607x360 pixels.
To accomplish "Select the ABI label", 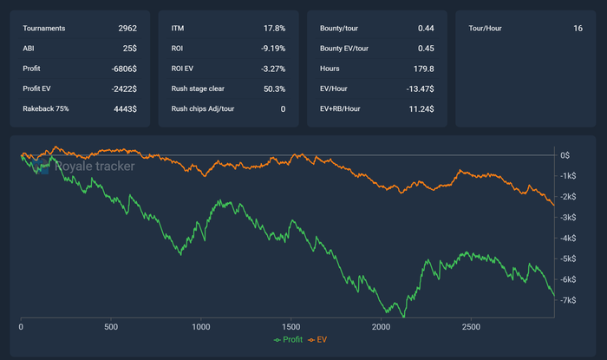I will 29,49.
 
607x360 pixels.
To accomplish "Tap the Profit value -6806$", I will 122,69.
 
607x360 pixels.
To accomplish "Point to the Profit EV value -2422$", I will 122,88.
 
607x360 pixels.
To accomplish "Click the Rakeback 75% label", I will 46,108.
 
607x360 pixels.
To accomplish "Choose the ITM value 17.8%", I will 274,29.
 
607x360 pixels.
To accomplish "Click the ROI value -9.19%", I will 272,49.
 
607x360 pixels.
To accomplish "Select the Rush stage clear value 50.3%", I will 272,88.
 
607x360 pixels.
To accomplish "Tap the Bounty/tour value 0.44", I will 425,29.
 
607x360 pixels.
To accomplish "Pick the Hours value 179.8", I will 423,69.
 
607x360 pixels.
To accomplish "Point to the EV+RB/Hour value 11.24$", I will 420,108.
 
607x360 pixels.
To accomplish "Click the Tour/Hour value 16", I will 578,29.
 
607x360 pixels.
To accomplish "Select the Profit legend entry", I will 290,339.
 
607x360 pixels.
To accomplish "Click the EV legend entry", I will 322,339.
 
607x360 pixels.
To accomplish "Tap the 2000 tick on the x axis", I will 381,327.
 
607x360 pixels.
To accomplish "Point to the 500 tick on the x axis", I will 111,327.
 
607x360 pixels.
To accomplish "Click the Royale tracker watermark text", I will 94,165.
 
